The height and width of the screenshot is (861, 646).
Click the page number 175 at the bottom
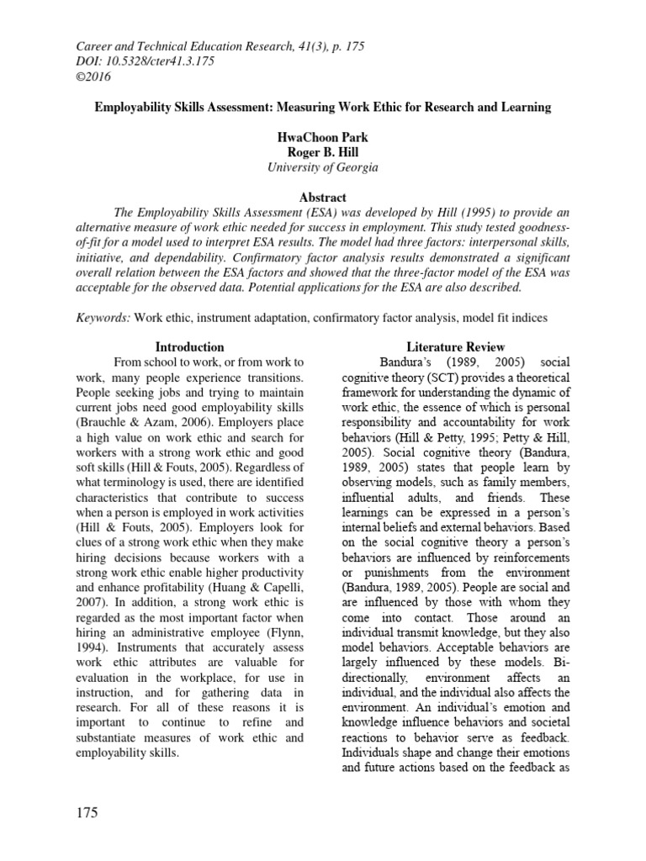click(x=87, y=812)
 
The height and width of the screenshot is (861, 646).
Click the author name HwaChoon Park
click(x=322, y=137)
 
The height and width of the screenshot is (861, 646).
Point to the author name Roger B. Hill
click(x=322, y=152)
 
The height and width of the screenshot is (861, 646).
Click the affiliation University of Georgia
click(x=322, y=167)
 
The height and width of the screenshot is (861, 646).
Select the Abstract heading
click(x=322, y=197)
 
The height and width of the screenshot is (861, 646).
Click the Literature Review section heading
click(x=455, y=346)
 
